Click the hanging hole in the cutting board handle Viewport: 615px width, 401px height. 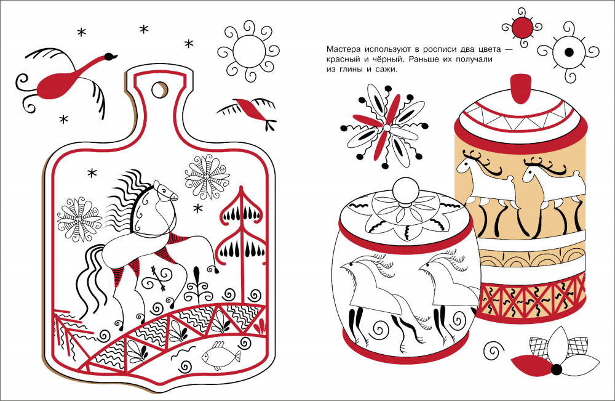coord(159,89)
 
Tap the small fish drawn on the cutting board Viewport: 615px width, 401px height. coord(220,355)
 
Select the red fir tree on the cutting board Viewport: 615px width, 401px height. coord(240,236)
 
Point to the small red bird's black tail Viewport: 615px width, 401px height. coord(270,125)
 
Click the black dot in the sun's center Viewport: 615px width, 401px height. coord(569,52)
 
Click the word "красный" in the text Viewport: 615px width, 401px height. coord(341,60)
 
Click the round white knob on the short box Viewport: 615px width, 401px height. coord(405,191)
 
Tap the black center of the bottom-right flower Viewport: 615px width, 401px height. coord(556,369)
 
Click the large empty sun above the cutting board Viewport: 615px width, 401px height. coord(248,52)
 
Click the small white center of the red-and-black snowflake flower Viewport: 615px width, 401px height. coord(387,128)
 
